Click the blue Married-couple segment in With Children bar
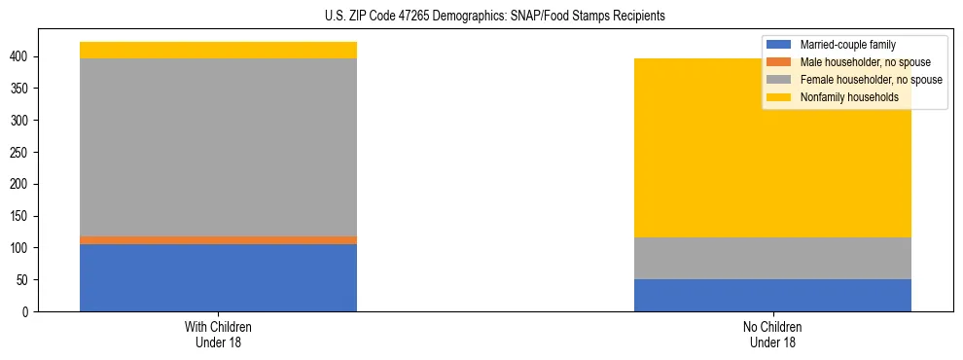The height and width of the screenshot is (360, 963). click(218, 277)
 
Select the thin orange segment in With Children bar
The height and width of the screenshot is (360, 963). click(218, 239)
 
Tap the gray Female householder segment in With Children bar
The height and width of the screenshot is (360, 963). click(218, 147)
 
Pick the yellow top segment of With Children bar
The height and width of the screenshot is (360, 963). click(218, 50)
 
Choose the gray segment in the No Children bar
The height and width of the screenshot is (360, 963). click(772, 258)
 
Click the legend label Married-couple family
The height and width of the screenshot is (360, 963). click(847, 45)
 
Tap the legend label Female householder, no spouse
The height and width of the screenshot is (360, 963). click(871, 80)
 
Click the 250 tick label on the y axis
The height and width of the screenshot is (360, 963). click(22, 153)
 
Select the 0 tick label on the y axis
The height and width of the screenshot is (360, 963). click(28, 311)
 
